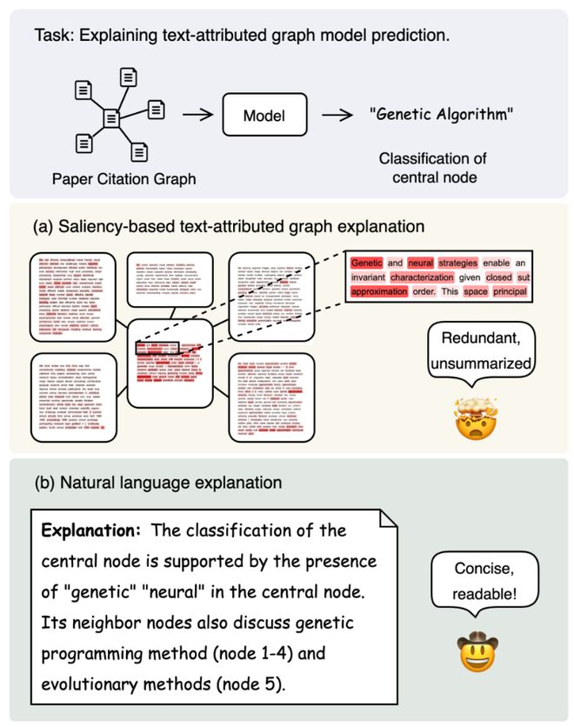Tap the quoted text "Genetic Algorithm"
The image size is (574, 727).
[441, 115]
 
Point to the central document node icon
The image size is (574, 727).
[111, 117]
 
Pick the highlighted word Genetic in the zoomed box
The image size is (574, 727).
[367, 262]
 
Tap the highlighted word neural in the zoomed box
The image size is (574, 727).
[419, 262]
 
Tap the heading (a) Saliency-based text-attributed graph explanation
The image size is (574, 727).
[228, 226]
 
